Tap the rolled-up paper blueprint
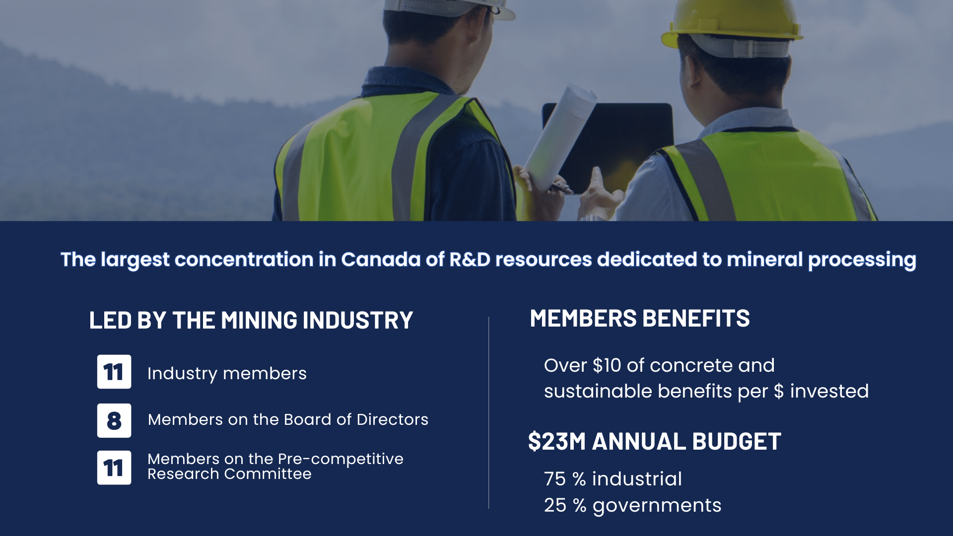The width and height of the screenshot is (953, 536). tap(561, 134)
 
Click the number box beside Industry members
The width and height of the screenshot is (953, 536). tap(114, 372)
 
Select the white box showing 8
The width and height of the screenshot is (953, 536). tap(114, 420)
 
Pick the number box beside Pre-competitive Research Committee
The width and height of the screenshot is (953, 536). tap(114, 468)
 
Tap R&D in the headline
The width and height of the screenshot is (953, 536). tap(470, 260)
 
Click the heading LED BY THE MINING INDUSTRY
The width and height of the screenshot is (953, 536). tap(251, 320)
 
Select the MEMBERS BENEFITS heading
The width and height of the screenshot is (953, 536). tap(640, 319)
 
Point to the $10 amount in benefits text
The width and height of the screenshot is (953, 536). tap(607, 365)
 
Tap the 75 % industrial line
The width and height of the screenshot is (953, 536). tap(613, 479)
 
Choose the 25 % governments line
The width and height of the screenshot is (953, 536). tap(633, 506)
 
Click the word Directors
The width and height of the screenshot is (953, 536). tap(392, 419)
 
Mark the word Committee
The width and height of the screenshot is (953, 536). tap(268, 474)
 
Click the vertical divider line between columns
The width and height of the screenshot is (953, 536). tap(489, 412)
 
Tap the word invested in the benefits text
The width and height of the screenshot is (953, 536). tap(829, 391)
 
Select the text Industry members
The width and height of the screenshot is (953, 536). tap(227, 374)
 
